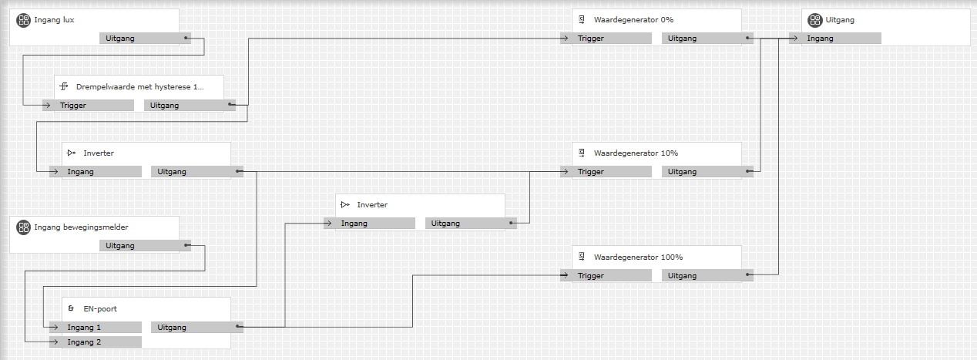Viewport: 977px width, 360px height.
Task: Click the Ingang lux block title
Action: [x=54, y=20]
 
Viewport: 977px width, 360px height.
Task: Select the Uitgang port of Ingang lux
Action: [x=145, y=38]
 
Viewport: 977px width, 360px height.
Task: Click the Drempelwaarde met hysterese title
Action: [x=139, y=87]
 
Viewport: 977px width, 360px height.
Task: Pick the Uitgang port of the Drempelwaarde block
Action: [x=190, y=106]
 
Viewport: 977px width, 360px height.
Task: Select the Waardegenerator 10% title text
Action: [x=636, y=153]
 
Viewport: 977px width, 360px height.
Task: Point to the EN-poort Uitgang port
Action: [x=197, y=328]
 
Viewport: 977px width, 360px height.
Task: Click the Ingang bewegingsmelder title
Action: [x=81, y=227]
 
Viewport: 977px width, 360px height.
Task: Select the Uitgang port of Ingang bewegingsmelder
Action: [x=145, y=246]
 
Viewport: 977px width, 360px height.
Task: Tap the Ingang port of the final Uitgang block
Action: [x=835, y=39]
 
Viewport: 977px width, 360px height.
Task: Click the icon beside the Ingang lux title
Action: [x=23, y=20]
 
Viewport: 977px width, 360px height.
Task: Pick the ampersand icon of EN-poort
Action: [x=71, y=309]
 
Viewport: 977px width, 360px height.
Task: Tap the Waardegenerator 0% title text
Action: [x=633, y=20]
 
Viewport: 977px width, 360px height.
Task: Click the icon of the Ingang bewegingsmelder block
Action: [x=23, y=227]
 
